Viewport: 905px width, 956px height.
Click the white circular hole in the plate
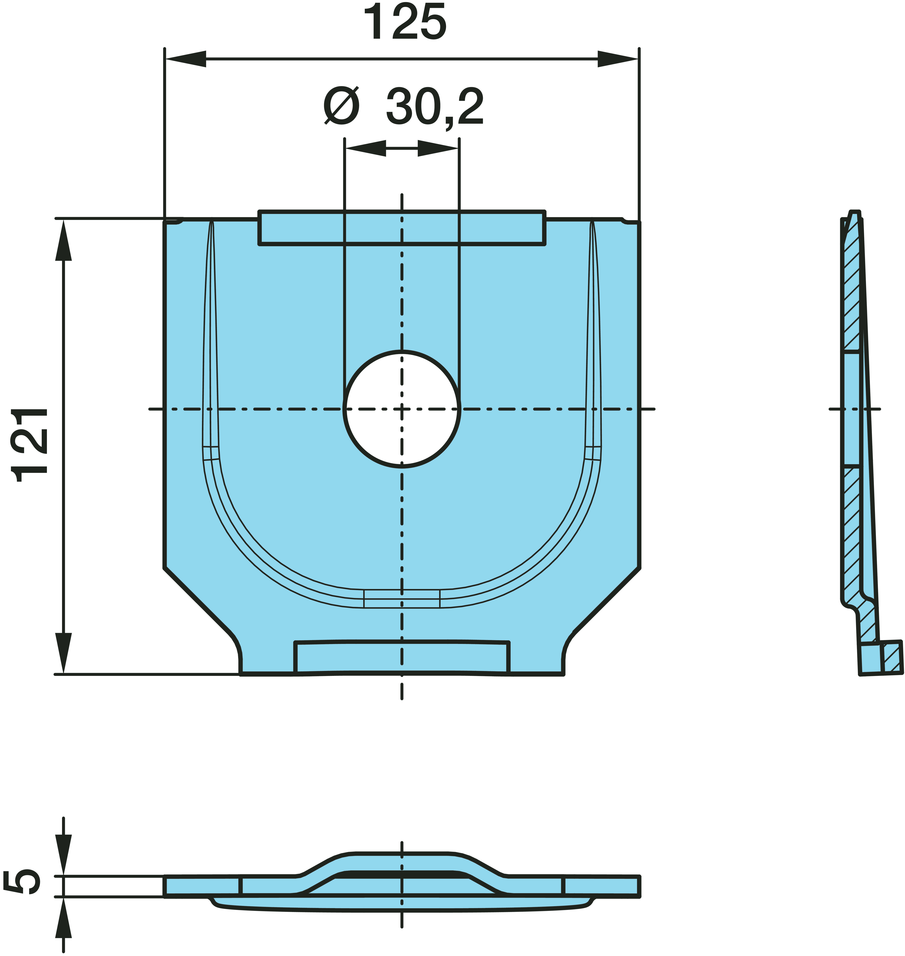click(x=402, y=409)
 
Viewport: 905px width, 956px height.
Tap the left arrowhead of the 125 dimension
click(x=186, y=59)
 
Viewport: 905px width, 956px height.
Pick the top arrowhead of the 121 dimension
click(x=63, y=240)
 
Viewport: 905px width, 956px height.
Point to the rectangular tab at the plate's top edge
click(x=402, y=228)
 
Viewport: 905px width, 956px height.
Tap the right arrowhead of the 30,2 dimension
click(x=438, y=148)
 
